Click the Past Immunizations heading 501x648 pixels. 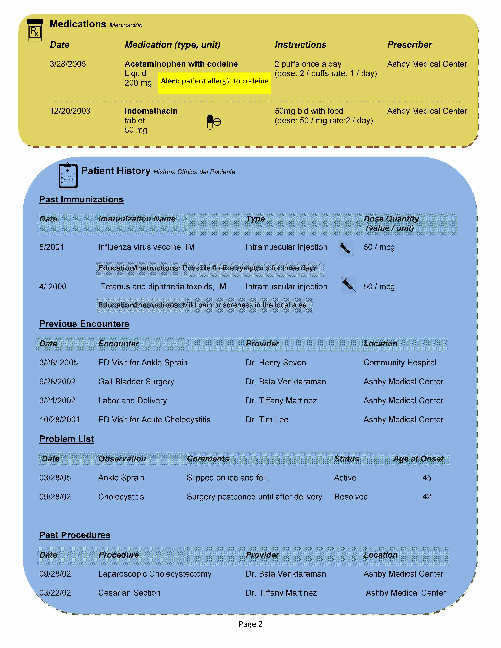(82, 199)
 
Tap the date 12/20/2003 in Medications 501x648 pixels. (70, 111)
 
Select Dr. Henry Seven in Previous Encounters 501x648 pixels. (276, 363)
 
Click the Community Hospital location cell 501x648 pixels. (400, 363)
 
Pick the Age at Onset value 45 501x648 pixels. (427, 478)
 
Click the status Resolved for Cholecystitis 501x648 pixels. (351, 497)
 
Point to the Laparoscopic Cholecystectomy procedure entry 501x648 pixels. (155, 574)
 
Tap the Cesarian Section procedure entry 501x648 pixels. (129, 593)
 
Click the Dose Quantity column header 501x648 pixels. (391, 223)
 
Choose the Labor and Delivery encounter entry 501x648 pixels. (132, 401)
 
